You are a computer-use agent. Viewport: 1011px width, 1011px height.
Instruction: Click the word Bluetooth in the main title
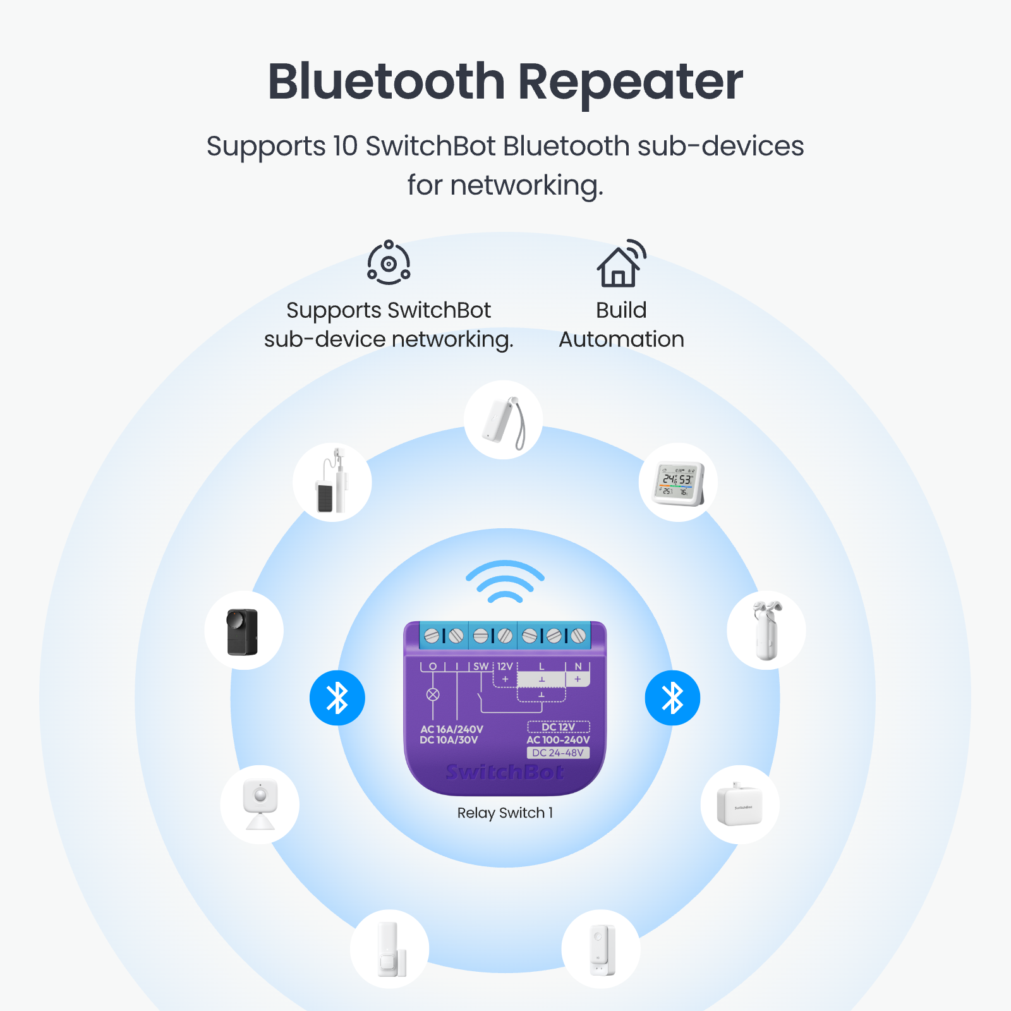tap(386, 82)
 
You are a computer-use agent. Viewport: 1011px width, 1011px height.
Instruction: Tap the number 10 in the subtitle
tap(345, 146)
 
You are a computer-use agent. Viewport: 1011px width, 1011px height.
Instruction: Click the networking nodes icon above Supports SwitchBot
tap(389, 262)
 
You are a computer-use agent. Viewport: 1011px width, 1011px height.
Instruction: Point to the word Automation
tap(621, 339)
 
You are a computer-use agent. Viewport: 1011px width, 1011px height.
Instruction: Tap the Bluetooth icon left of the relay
tap(337, 698)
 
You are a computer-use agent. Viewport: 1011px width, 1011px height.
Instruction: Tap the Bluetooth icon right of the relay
tap(672, 698)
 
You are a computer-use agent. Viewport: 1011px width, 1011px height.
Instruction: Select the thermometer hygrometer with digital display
tap(678, 483)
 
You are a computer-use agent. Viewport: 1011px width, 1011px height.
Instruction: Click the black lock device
tap(243, 631)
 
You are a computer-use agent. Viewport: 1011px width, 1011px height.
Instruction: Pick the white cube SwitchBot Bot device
tap(739, 805)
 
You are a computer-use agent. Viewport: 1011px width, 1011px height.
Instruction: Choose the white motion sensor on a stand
tap(260, 804)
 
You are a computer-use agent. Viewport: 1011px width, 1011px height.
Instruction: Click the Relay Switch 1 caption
tap(505, 813)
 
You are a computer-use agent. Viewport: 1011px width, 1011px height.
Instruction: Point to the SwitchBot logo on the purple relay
tap(505, 772)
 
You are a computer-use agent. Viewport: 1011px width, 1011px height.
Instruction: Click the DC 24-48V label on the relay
tap(558, 753)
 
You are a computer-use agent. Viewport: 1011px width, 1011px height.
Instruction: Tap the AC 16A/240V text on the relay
tap(451, 729)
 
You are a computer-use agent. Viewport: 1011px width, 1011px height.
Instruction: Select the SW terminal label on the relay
tap(481, 666)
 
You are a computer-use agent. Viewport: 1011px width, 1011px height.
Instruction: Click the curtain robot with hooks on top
tap(766, 630)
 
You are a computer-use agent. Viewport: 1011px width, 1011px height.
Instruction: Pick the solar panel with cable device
tap(332, 482)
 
